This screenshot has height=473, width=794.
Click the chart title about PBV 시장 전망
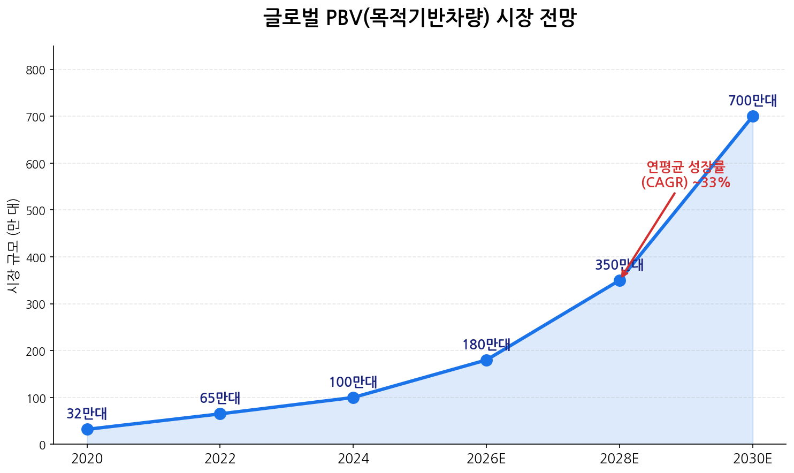point(419,18)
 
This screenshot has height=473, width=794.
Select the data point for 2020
point(87,429)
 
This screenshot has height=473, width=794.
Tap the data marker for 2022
point(220,414)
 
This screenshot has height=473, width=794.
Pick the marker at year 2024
point(353,398)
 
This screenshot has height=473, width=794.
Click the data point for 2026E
point(486,360)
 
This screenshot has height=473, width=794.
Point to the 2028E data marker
point(620,280)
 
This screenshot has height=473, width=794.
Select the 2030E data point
point(753,116)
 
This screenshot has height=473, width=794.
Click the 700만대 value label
point(752,101)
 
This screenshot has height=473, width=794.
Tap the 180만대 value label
point(486,345)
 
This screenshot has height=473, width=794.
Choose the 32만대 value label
point(87,414)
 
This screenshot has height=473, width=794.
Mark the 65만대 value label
point(220,398)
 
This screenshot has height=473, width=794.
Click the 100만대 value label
point(353,382)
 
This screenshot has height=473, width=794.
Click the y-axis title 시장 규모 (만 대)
point(13,245)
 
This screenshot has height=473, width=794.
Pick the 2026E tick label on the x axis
point(486,459)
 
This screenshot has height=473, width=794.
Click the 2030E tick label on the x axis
point(753,459)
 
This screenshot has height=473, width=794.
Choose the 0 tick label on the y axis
point(42,445)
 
